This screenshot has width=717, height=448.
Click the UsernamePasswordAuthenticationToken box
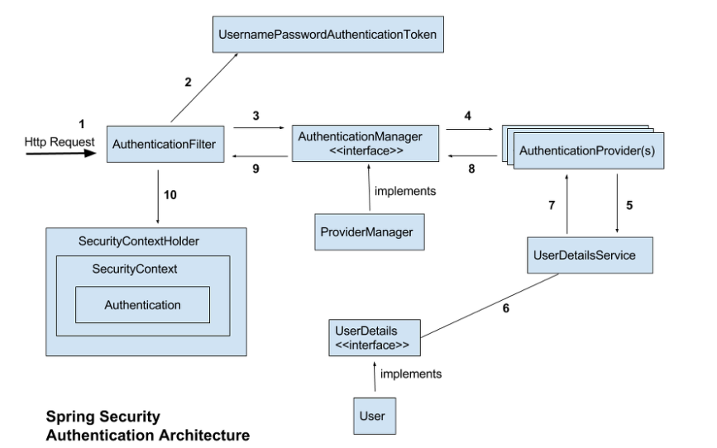(328, 37)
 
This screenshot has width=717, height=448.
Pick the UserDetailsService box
(581, 255)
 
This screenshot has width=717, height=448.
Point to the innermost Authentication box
(142, 305)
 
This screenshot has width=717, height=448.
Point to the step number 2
(188, 83)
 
